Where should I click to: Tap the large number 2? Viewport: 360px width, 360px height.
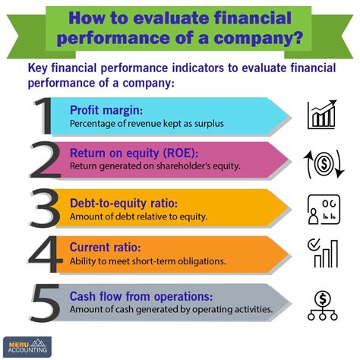coord(46,159)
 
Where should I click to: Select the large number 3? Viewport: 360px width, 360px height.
coord(45,207)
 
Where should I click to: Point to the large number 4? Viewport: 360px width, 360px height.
coord(46,254)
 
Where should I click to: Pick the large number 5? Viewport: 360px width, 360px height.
coord(45,302)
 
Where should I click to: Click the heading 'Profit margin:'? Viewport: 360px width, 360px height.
coord(106,110)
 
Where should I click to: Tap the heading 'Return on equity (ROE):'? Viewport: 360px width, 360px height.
coord(134,153)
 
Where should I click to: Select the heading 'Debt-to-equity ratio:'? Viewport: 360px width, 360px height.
coord(124,204)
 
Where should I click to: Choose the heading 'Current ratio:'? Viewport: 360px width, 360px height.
coord(105,247)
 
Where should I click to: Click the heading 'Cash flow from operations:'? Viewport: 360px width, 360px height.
coord(141,296)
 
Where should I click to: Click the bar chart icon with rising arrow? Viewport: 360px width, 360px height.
coord(322,115)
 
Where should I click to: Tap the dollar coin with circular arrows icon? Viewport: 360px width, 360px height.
coord(324,164)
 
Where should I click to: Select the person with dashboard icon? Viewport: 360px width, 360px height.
coord(324,209)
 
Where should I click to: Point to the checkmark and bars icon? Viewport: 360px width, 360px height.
coord(323,253)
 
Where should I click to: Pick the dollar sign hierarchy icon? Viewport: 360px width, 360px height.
coord(323,305)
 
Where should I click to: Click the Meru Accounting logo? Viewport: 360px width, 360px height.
coord(27,346)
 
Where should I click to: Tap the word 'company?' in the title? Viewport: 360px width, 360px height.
coord(258,38)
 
